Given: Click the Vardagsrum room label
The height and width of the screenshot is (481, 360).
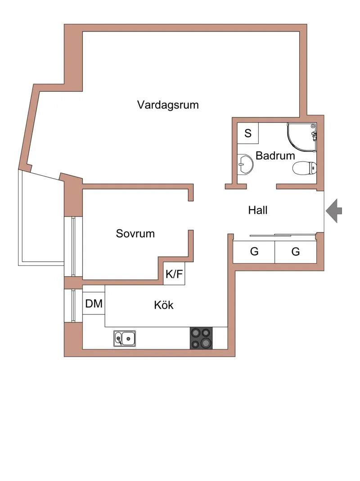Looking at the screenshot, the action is (168, 105).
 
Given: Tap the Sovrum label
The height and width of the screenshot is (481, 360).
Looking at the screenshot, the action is (135, 234).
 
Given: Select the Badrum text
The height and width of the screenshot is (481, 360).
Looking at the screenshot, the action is (275, 156).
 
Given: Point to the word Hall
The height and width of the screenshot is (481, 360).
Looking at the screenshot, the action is (258, 210).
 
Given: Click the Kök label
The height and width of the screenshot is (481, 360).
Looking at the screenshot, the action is (164, 305).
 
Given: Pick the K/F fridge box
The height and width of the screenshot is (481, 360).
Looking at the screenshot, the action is (174, 274).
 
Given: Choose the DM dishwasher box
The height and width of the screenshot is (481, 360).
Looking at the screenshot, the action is (94, 303).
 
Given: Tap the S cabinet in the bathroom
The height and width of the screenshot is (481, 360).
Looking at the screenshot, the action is (248, 133).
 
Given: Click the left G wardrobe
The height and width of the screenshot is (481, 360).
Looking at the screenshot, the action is (254, 252).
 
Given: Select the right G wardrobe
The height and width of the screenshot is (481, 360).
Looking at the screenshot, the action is (296, 252).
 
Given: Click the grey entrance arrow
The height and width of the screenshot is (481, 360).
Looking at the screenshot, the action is (333, 211).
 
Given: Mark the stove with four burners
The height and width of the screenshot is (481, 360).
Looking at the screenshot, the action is (201, 338).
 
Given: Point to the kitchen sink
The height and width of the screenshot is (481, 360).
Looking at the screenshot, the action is (125, 338).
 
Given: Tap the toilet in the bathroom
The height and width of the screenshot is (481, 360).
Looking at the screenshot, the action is (305, 168).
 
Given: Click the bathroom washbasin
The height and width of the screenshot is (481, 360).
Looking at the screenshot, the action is (245, 164).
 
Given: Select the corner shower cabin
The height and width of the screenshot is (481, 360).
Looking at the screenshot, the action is (301, 137).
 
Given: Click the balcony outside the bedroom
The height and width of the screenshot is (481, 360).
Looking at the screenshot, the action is (41, 218).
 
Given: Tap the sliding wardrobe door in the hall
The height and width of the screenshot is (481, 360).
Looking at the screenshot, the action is (282, 235).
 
